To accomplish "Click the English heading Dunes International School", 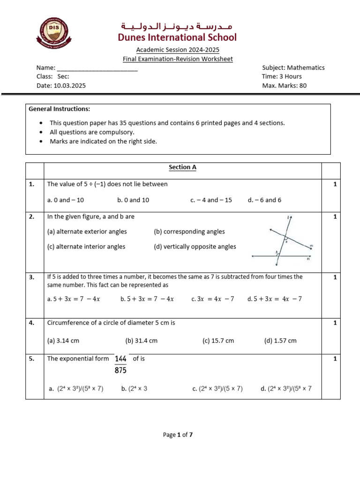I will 177,37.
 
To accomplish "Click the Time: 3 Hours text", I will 282,76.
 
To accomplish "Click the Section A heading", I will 182,167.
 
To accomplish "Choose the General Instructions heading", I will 59,109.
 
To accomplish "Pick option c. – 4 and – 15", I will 211,200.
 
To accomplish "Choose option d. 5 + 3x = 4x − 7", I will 274,299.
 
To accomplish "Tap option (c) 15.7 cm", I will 218,341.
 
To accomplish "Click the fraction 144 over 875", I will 120,364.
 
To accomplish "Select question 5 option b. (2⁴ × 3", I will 134,389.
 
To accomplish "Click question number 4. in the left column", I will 32,322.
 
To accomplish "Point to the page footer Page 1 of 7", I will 178,435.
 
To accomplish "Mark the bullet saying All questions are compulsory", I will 92,132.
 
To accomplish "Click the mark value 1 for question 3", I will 335,277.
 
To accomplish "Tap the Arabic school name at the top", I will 177,25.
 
